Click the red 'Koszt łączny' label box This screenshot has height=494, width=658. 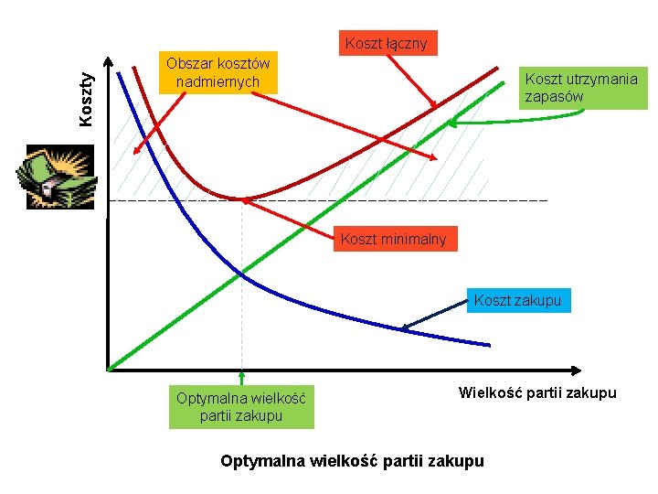click(x=386, y=43)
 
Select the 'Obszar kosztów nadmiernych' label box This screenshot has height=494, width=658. click(x=218, y=73)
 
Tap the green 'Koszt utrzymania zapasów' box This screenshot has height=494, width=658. click(x=580, y=88)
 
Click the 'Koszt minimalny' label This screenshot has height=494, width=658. click(x=393, y=240)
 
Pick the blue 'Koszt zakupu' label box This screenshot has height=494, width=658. click(x=517, y=300)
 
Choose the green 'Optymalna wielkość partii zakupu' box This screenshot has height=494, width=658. click(x=241, y=407)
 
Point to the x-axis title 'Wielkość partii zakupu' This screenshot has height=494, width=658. click(x=537, y=393)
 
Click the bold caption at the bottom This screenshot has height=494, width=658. click(x=353, y=461)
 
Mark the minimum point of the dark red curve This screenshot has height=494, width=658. click(x=241, y=198)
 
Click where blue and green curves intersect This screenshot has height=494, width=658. click(x=241, y=272)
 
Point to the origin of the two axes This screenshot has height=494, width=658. click(x=108, y=370)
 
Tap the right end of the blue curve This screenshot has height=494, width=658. click(x=488, y=345)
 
